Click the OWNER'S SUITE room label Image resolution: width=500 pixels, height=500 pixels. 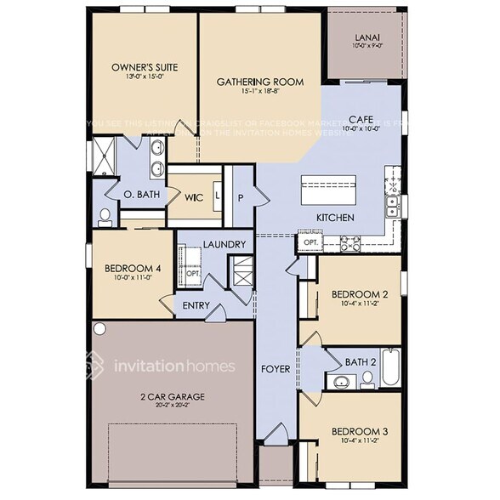pos(143,65)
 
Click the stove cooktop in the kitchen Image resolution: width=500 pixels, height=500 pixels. pos(350,245)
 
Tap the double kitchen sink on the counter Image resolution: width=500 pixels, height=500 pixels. pos(394,204)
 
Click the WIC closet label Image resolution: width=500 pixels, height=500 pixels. pos(194,196)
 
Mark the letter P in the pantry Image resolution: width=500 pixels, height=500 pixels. pos(241,196)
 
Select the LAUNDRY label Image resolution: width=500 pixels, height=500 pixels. pos(224,245)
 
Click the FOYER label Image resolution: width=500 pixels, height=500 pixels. pos(275,369)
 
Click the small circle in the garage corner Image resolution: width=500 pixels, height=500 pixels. pos(99,328)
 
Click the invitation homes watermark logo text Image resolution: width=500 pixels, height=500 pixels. pos(174,366)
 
